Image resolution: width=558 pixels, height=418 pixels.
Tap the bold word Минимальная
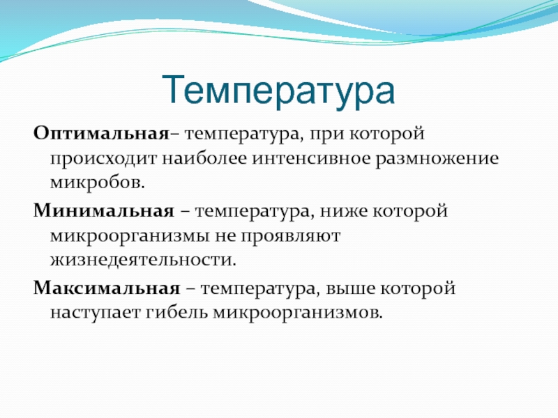pyautogui.click(x=104, y=210)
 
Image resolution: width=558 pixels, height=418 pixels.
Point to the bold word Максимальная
pyautogui.click(x=107, y=288)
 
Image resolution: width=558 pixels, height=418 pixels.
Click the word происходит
pyautogui.click(x=103, y=160)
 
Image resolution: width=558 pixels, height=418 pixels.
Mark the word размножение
pyautogui.click(x=437, y=160)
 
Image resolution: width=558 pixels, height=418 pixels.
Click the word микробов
pyautogui.click(x=98, y=182)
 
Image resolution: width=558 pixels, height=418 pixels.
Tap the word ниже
pyautogui.click(x=343, y=211)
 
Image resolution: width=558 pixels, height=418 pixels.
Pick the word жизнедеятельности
pyautogui.click(x=143, y=260)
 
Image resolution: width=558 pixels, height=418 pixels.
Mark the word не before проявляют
pyautogui.click(x=225, y=236)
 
